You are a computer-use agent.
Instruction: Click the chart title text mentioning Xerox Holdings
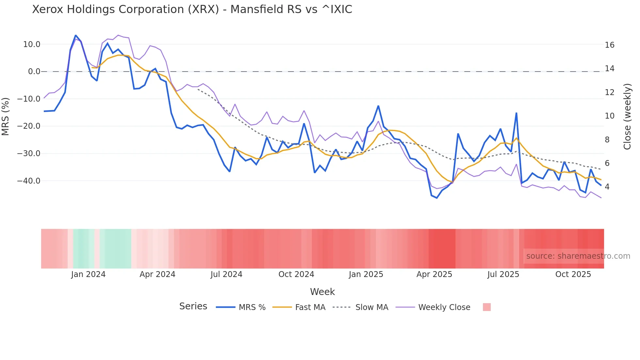pyautogui.click(x=192, y=9)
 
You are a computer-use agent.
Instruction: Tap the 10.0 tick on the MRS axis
pyautogui.click(x=32, y=44)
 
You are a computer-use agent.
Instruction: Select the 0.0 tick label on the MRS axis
pyautogui.click(x=34, y=72)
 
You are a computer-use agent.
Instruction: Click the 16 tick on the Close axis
pyautogui.click(x=609, y=45)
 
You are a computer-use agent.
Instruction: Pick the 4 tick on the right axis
pyautogui.click(x=607, y=187)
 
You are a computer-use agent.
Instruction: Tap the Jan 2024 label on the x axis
pyautogui.click(x=88, y=274)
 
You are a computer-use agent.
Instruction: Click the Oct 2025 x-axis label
pyautogui.click(x=573, y=274)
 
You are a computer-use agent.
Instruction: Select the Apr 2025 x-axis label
pyautogui.click(x=434, y=274)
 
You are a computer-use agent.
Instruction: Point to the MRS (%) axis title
pyautogui.click(x=6, y=116)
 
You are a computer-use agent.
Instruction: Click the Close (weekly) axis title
pyautogui.click(x=627, y=116)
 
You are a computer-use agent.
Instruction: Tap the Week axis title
pyautogui.click(x=322, y=292)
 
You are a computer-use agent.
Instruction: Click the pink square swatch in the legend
pyautogui.click(x=487, y=307)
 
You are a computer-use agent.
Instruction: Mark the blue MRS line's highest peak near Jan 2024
pyautogui.click(x=76, y=35)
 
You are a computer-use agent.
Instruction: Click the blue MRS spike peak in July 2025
pyautogui.click(x=516, y=113)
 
